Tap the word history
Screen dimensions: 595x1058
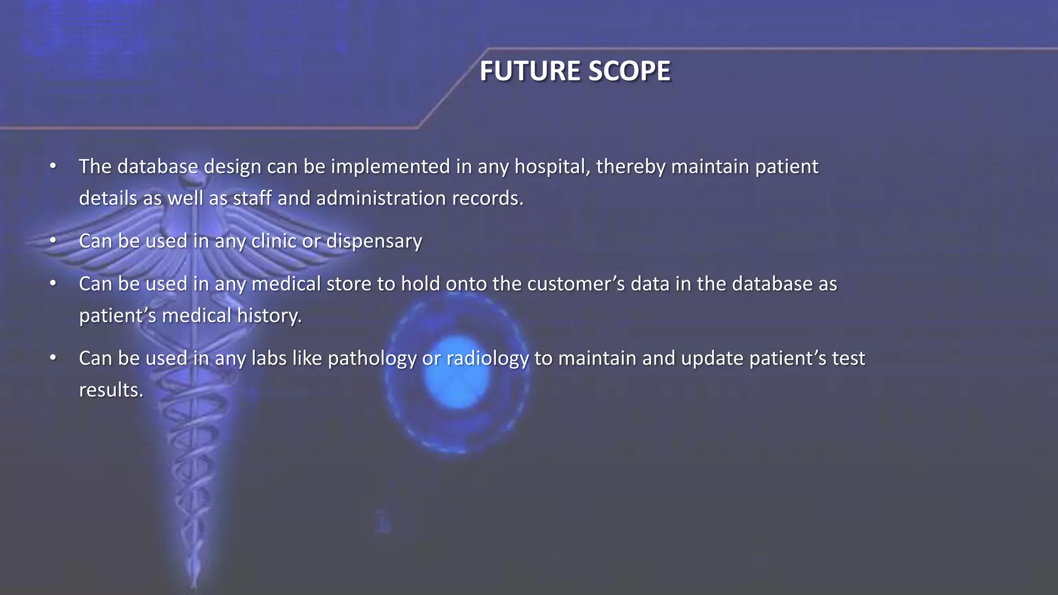click(x=269, y=316)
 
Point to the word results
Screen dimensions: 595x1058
click(x=111, y=390)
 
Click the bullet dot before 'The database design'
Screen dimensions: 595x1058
click(x=53, y=167)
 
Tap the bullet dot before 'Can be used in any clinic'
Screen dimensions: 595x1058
click(x=53, y=241)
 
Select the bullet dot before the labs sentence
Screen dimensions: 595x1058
click(x=53, y=358)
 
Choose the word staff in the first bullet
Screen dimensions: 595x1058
click(x=252, y=199)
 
